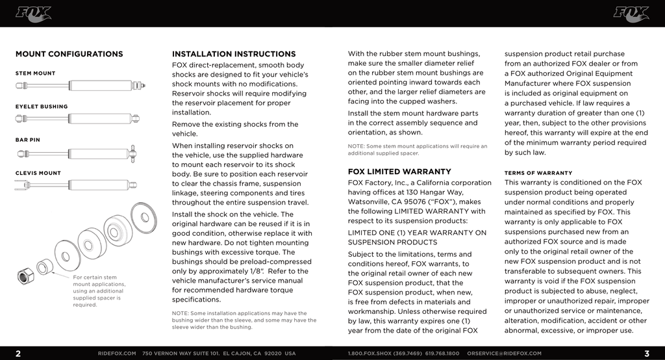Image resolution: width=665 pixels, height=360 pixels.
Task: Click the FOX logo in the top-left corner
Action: point(33,13)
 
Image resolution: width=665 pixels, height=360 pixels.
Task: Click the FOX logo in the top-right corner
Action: point(631,13)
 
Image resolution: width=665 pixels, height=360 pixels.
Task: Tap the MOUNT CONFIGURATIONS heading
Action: point(69,54)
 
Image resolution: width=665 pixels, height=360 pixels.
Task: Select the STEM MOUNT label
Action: point(36,73)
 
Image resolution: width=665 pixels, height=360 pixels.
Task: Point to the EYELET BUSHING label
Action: point(42,107)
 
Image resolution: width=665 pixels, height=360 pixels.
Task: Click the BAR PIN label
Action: point(29,140)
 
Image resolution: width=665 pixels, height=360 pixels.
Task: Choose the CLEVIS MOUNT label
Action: point(38,174)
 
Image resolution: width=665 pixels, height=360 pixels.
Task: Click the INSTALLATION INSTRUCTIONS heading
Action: point(234,54)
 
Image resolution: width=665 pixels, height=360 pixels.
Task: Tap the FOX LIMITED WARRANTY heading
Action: point(399,172)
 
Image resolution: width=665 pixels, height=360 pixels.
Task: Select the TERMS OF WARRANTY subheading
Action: point(538,174)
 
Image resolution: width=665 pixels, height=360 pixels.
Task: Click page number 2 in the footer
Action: point(18,354)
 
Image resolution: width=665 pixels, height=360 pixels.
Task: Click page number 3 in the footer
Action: point(647,354)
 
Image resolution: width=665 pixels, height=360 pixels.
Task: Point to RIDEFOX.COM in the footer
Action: point(117,354)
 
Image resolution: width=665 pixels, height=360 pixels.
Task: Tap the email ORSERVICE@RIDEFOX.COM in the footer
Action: point(504,354)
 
